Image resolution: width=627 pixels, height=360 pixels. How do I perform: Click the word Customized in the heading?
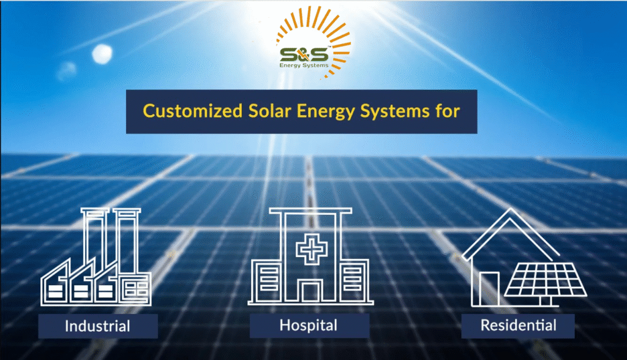pyautogui.click(x=193, y=111)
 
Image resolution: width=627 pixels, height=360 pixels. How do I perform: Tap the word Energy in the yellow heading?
pyautogui.click(x=326, y=111)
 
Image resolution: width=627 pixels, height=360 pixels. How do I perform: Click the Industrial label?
pyautogui.click(x=97, y=326)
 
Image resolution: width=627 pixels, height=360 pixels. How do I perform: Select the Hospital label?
pyautogui.click(x=309, y=325)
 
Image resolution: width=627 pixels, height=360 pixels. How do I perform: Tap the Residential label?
pyautogui.click(x=518, y=325)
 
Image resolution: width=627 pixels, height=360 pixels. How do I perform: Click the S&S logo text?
pyautogui.click(x=304, y=54)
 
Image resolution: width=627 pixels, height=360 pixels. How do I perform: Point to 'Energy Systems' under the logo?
pyautogui.click(x=304, y=65)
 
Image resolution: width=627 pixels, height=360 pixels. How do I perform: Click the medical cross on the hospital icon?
pyautogui.click(x=312, y=249)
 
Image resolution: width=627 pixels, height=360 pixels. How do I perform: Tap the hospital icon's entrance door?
pyautogui.click(x=310, y=291)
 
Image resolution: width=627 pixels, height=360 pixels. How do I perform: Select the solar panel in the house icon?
pyautogui.click(x=546, y=280)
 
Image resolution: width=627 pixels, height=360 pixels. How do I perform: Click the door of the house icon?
pyautogui.click(x=489, y=289)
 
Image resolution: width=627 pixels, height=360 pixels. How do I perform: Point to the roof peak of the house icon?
pyautogui.click(x=510, y=209)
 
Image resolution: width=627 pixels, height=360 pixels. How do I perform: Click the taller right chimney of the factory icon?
pyautogui.click(x=127, y=241)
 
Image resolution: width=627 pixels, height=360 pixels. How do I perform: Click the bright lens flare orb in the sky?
pyautogui.click(x=102, y=54)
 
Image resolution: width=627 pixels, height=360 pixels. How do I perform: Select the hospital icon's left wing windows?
pyautogui.click(x=269, y=279)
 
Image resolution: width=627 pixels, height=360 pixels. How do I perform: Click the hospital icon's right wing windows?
pyautogui.click(x=352, y=279)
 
